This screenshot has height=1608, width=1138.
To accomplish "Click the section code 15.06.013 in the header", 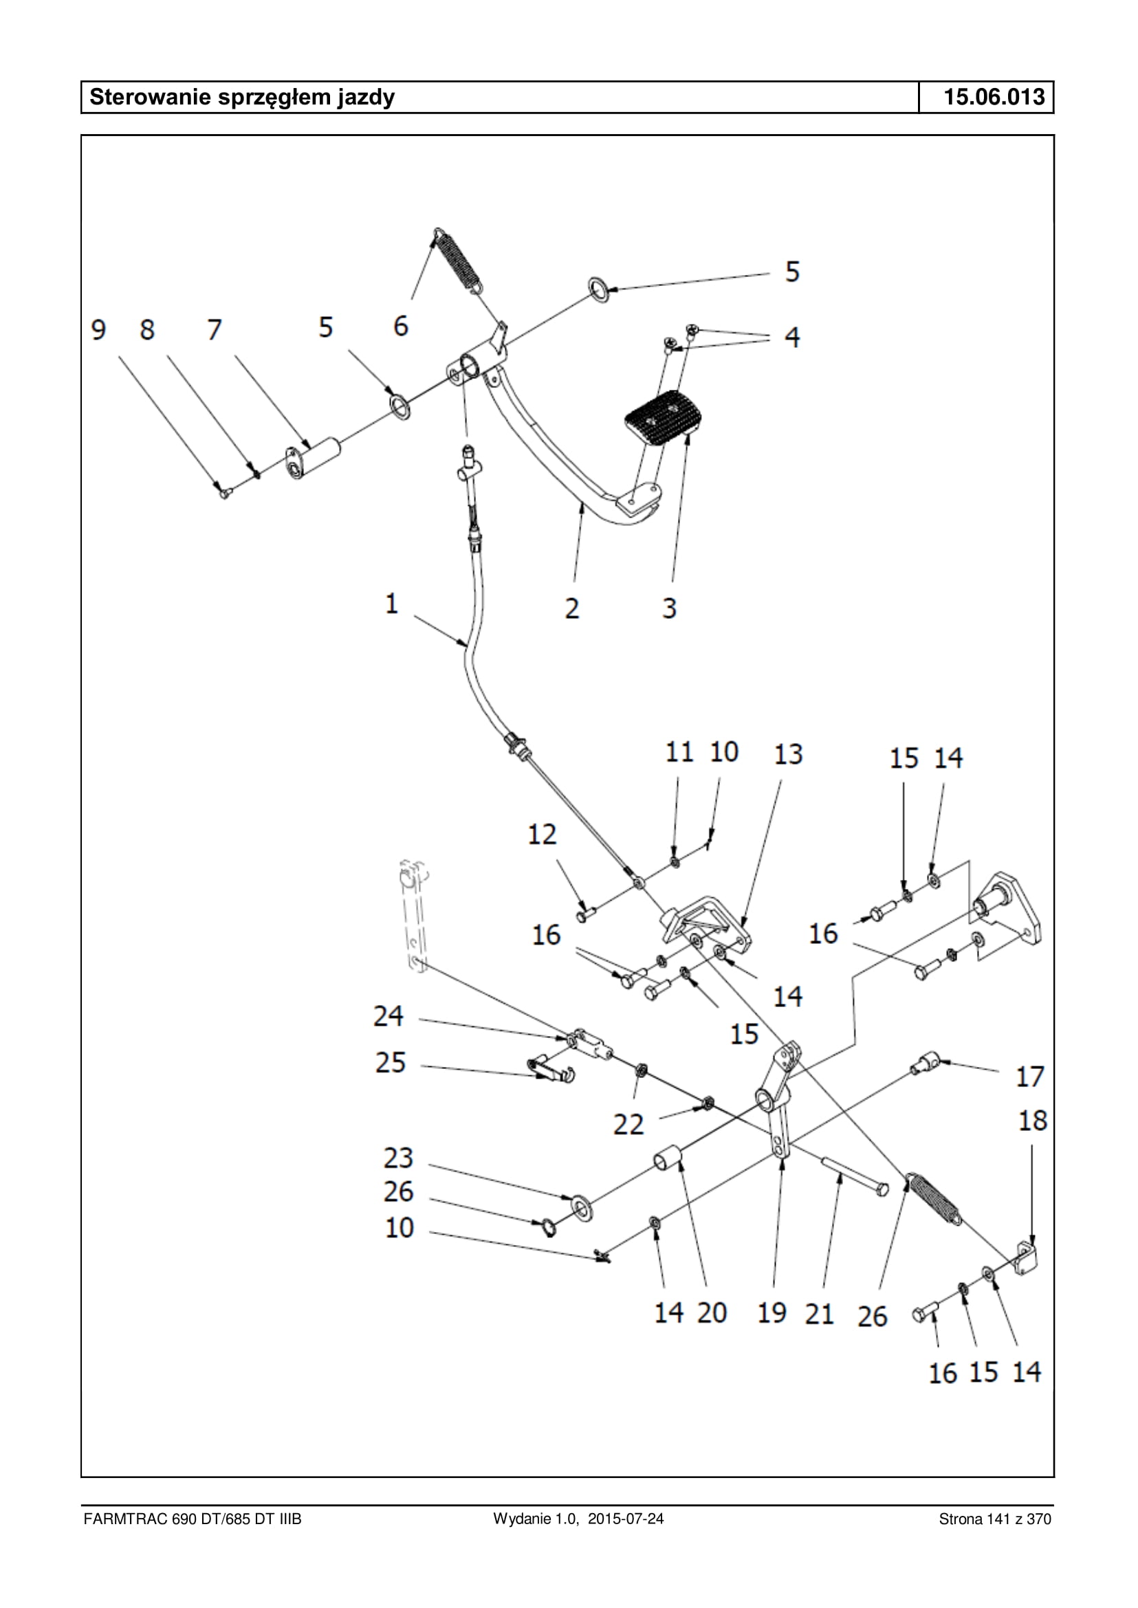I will pos(994,98).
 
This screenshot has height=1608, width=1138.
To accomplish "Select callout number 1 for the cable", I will pos(391,604).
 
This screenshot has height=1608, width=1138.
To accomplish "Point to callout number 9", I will pos(99,329).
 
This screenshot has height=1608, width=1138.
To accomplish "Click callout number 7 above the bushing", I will pos(215,329).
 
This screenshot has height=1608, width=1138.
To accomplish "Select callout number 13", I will pos(787,755).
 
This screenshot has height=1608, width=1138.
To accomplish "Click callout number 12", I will pos(542,835).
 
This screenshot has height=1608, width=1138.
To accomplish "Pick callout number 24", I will pos(389,1016).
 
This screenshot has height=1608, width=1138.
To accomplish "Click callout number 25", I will pos(391,1062).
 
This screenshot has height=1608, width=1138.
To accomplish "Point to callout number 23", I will pos(398,1158).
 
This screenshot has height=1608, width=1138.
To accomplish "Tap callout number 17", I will pos(1029,1076).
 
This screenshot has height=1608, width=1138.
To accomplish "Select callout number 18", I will pos(1032,1121).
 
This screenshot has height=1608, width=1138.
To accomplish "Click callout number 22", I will pos(628,1124).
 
